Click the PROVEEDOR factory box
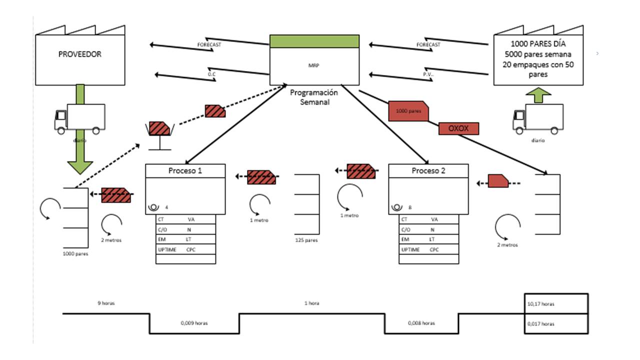click(x=79, y=55)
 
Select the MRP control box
click(x=314, y=65)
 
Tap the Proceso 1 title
click(x=185, y=171)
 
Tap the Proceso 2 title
click(x=428, y=171)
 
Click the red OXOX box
click(x=458, y=128)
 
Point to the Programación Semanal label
click(x=314, y=97)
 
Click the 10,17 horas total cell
click(x=555, y=303)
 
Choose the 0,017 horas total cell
click(x=555, y=324)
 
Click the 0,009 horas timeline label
click(x=194, y=323)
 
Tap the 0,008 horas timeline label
click(x=421, y=323)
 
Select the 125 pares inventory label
click(x=306, y=240)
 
